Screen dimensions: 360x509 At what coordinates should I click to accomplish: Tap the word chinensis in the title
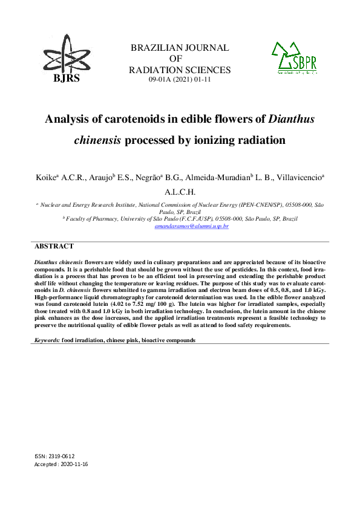pos(98,141)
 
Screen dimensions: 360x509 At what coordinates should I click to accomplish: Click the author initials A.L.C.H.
pos(180,192)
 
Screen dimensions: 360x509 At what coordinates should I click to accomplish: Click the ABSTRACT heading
pos(54,247)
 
